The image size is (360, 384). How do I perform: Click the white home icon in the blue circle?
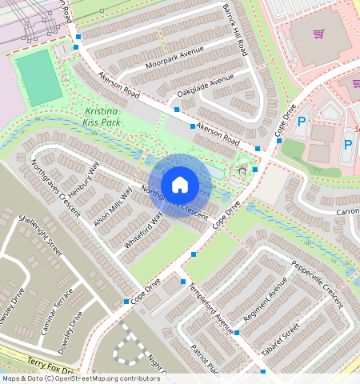(x=180, y=185)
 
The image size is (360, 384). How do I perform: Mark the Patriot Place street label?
(x=205, y=359)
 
